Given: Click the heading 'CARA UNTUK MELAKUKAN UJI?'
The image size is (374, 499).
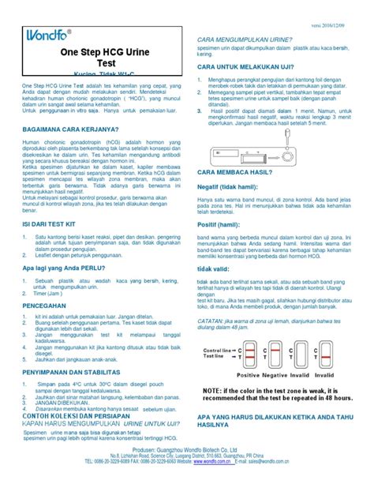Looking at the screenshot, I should [x=247, y=66].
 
